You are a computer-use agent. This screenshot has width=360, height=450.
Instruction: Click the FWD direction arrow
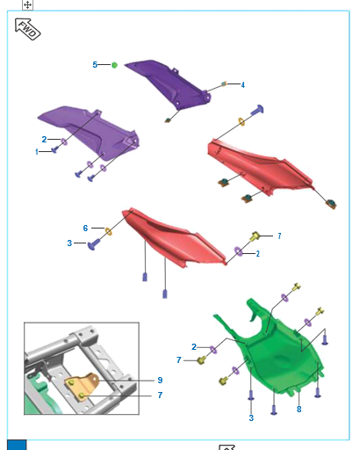(27, 29)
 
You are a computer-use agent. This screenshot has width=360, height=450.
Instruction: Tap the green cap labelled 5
(114, 65)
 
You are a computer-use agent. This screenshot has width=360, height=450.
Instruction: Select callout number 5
(95, 65)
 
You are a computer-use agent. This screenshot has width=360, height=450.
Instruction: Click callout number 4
(243, 85)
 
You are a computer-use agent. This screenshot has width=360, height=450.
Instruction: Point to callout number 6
(85, 229)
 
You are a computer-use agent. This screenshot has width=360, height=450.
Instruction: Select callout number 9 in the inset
(160, 381)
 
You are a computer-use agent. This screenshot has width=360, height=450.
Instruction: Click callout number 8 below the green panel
(299, 410)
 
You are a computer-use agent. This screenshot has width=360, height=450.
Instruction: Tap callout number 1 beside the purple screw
(37, 152)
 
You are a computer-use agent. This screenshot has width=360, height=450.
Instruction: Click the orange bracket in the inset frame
(82, 386)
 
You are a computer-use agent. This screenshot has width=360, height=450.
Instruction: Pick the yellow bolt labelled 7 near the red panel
(255, 236)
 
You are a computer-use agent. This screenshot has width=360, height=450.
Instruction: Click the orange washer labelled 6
(108, 231)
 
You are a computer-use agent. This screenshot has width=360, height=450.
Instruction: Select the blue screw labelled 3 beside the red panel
(94, 244)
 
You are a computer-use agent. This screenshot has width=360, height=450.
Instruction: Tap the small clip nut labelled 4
(224, 84)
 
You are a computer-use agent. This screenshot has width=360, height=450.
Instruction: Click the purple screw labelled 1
(54, 150)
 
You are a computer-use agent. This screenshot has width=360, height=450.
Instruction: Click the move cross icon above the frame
(27, 4)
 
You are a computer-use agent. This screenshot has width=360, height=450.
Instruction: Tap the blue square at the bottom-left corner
(17, 445)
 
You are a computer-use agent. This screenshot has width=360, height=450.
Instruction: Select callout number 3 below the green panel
(251, 418)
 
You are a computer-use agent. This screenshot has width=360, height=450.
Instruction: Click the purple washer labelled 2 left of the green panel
(213, 350)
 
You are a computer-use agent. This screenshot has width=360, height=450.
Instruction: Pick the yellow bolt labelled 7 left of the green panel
(201, 360)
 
